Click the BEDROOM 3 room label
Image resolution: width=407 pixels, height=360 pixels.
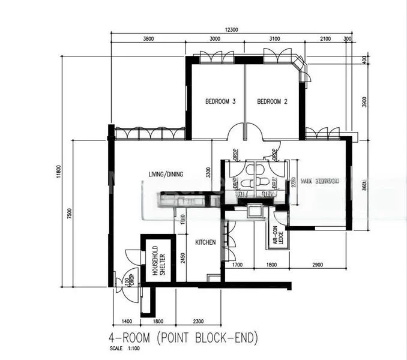pos(220,102)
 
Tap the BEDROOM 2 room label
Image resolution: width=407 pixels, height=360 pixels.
pos(272,102)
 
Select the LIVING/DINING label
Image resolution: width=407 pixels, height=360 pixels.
pos(166,175)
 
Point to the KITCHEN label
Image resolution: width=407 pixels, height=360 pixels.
pos(205,242)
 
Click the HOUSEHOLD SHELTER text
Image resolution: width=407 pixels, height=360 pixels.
pos(158,259)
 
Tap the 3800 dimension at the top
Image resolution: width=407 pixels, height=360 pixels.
pos(148,39)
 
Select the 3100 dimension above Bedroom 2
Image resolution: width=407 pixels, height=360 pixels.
pos(274,39)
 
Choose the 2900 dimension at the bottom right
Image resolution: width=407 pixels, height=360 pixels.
pos(318,265)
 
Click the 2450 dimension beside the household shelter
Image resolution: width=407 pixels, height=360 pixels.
pos(182,258)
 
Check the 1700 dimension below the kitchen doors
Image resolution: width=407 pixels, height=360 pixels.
pos(237,265)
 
